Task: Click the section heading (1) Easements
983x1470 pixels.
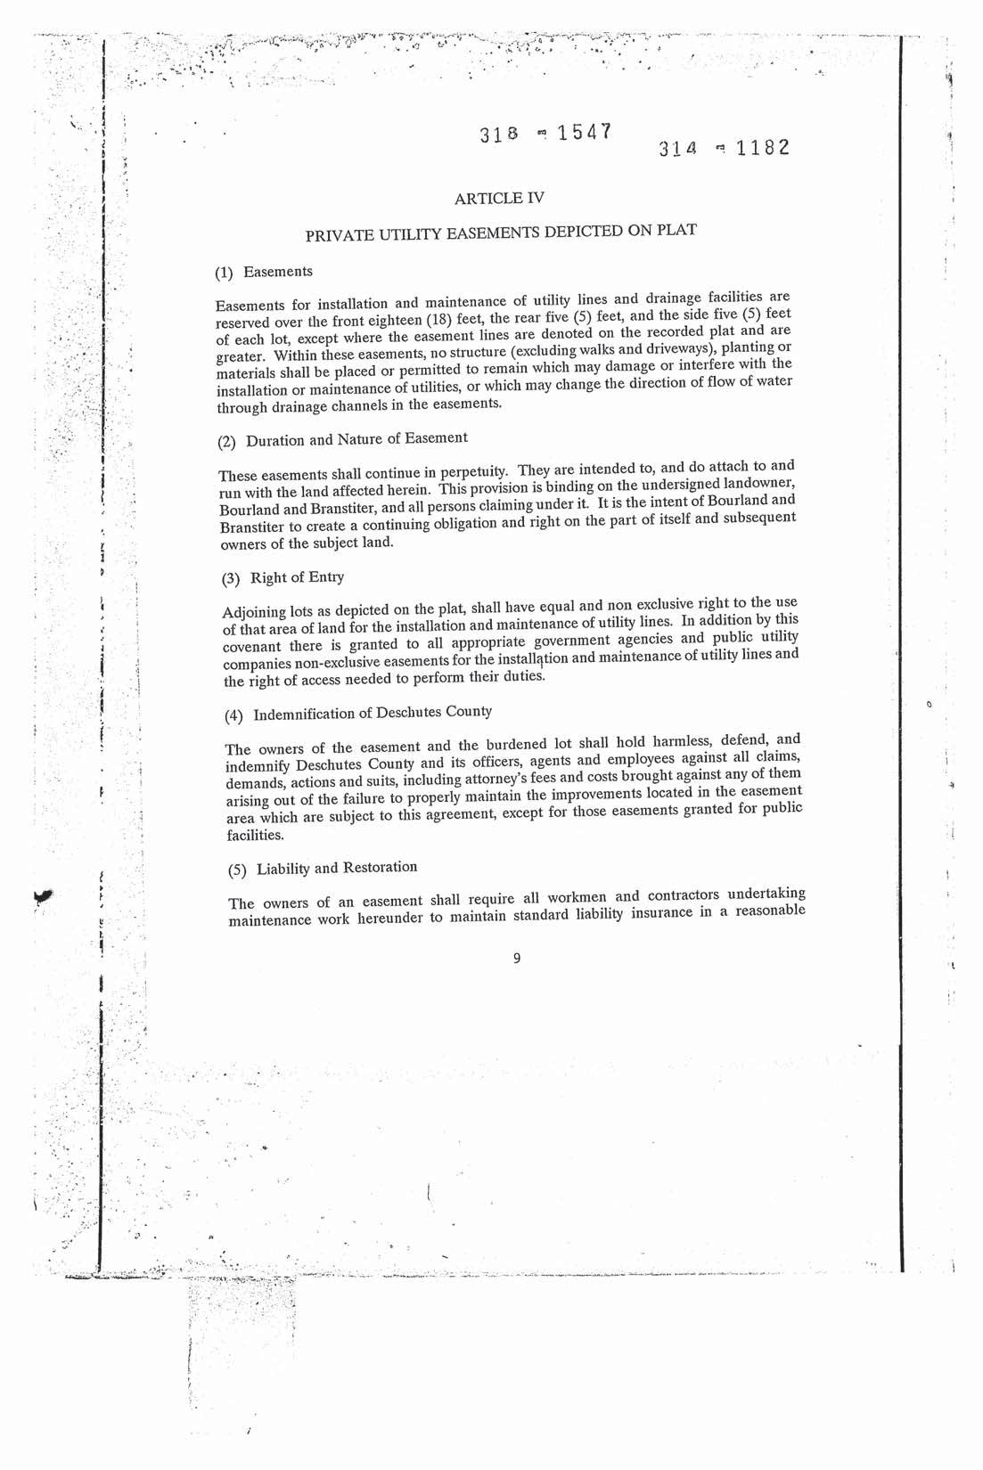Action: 266,271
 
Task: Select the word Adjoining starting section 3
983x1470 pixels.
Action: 252,612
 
